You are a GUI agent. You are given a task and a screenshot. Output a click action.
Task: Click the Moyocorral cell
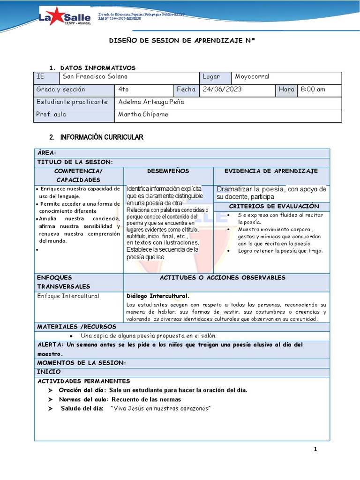tap(252, 76)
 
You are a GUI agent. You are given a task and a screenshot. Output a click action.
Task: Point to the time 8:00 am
tap(313, 89)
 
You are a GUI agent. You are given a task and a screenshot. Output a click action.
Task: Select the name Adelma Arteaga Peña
tap(150, 102)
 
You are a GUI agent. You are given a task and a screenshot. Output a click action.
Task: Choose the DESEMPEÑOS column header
tap(168, 171)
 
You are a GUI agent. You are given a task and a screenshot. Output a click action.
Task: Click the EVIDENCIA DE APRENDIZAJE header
tap(271, 171)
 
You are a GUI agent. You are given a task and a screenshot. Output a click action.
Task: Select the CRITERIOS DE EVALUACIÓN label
tap(274, 206)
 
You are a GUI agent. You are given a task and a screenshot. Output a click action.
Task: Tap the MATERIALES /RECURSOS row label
tap(76, 327)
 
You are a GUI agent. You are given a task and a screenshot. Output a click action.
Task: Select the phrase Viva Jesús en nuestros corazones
tap(160, 408)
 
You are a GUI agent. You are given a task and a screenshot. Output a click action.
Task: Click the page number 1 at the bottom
tap(315, 450)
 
